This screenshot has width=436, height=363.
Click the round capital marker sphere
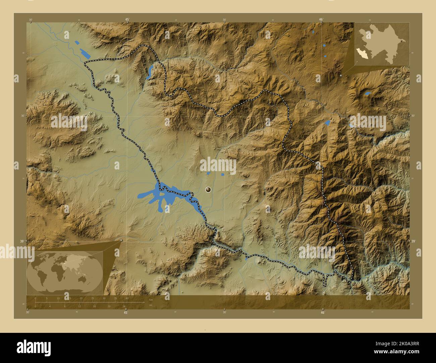[x=209, y=190]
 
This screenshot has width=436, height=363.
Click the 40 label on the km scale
[x=127, y=298]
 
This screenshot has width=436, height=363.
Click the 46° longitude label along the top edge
[x=321, y=19]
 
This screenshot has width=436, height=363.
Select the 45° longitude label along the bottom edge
[x=125, y=312]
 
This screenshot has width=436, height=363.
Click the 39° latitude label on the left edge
[x=22, y=241]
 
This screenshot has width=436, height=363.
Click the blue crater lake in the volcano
[x=368, y=93]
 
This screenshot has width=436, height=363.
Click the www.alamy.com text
[x=396, y=352]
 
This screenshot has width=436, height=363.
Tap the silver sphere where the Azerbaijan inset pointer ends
[x=341, y=76]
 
